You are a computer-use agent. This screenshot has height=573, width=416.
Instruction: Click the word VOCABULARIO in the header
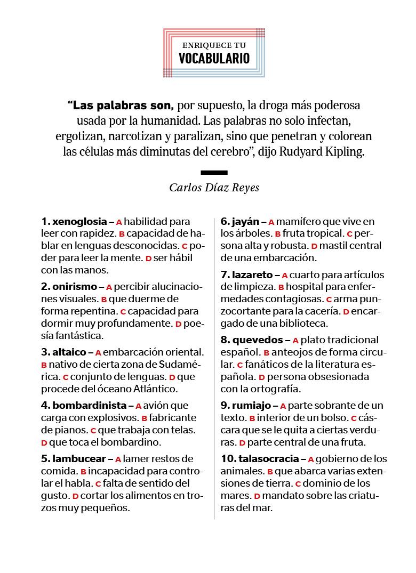(x=214, y=58)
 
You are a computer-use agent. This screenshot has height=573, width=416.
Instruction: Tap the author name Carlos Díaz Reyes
(x=214, y=187)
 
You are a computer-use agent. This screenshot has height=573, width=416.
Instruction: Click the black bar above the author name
(x=214, y=172)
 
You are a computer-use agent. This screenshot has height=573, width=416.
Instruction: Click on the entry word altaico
(x=69, y=352)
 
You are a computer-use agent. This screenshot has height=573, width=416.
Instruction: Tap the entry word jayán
(x=245, y=221)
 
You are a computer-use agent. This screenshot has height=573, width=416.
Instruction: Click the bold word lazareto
(x=252, y=275)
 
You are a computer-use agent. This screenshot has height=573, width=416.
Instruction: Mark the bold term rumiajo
(x=251, y=406)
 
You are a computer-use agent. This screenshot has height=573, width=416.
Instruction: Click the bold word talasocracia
(x=268, y=459)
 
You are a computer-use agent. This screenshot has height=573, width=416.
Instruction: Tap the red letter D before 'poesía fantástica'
(x=179, y=324)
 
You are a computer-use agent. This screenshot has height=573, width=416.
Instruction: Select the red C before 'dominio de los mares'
(x=298, y=484)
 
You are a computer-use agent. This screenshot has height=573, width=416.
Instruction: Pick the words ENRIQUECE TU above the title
(x=214, y=46)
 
